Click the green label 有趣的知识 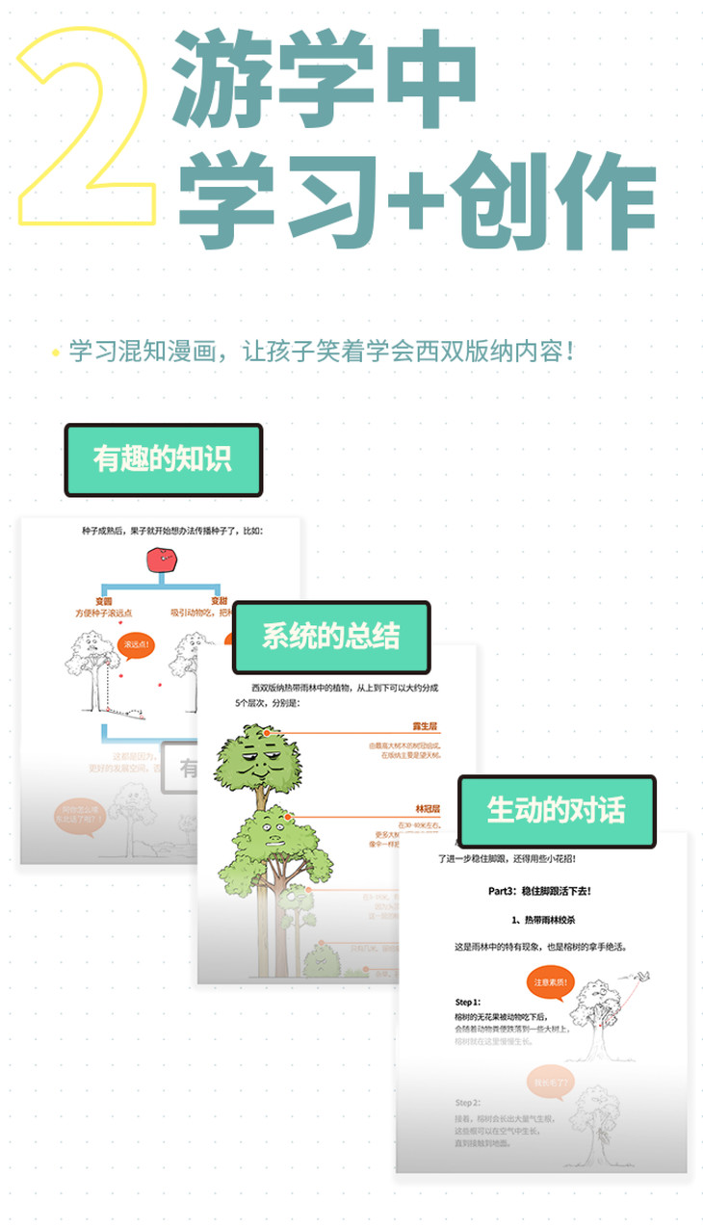point(163,459)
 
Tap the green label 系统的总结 point(330,637)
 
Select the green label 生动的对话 point(556,810)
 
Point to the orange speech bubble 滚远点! point(135,644)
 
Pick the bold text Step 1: point(468,1002)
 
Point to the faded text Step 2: point(468,1102)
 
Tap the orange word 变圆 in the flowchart point(103,600)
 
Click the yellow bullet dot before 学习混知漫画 point(56,351)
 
